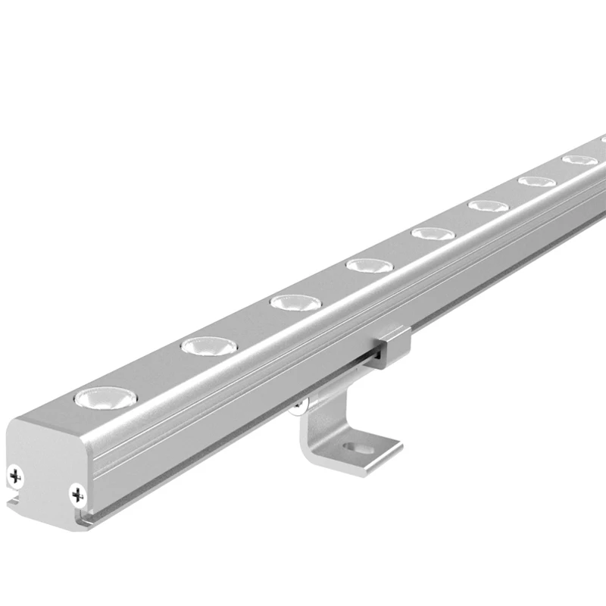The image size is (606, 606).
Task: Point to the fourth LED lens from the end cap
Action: [369, 265]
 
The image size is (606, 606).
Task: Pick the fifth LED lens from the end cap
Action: [433, 233]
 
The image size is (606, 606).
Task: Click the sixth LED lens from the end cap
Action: [489, 205]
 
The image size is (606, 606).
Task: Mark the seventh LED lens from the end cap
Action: [537, 181]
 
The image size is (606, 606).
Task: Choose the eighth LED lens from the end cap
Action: [579, 160]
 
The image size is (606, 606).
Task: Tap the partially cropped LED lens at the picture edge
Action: [603, 141]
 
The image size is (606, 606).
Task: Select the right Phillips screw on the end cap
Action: [77, 495]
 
